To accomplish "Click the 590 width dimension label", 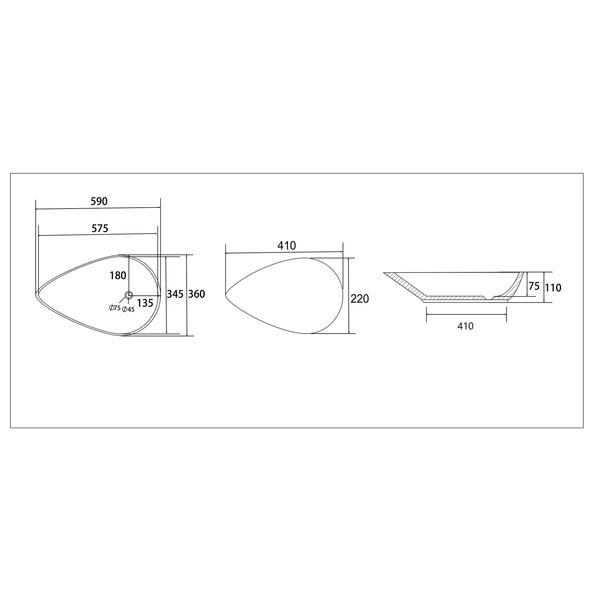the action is [99, 201].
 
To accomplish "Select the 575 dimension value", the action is [100, 228].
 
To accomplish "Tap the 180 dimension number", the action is [118, 276].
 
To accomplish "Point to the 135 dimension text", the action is [145, 303].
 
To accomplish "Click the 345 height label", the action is [175, 294].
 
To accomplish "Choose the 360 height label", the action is [196, 294].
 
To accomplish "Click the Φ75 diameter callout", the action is [115, 308].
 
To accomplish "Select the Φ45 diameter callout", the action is [128, 310].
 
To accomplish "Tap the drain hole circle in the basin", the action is [129, 295].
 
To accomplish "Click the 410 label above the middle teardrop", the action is [287, 246].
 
